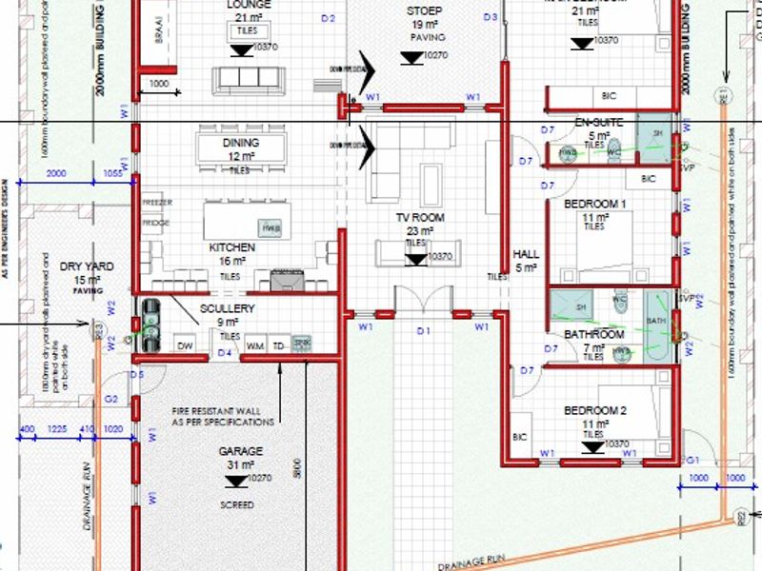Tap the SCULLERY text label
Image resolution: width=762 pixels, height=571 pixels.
(228, 309)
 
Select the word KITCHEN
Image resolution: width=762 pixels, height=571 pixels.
(231, 247)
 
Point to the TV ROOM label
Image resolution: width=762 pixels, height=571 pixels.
(420, 218)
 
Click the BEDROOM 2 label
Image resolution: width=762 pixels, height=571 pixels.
(594, 411)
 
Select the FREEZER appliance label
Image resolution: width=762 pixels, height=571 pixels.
(156, 204)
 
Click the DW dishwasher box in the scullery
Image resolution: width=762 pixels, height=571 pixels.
(186, 345)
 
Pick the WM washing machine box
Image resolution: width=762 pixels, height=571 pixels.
(254, 345)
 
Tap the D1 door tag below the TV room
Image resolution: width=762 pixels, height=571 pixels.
(424, 331)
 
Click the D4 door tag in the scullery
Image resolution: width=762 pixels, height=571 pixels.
(225, 353)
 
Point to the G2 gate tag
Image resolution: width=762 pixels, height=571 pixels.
(110, 399)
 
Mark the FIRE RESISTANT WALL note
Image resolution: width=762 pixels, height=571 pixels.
(223, 414)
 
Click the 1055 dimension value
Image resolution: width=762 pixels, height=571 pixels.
(112, 173)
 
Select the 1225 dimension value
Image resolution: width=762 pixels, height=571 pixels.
(59, 430)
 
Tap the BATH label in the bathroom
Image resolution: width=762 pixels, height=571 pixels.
(657, 322)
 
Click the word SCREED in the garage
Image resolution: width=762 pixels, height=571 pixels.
(236, 505)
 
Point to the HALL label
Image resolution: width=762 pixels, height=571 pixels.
(526, 255)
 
